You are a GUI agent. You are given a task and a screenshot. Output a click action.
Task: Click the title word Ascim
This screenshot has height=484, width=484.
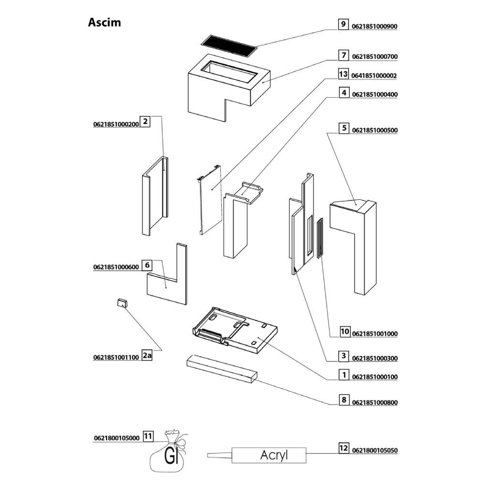point(105,22)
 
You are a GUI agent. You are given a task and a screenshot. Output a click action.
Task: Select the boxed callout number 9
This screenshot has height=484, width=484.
point(343,24)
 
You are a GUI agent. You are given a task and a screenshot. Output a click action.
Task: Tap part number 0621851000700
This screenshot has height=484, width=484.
point(375,57)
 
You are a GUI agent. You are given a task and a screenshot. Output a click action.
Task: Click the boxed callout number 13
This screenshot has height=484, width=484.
point(343,75)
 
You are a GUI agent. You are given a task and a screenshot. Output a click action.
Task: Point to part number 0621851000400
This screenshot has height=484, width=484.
point(375,95)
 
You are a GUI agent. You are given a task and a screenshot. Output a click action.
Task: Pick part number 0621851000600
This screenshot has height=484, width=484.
point(116,267)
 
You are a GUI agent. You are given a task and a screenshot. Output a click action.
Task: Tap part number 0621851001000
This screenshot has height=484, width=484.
point(375,334)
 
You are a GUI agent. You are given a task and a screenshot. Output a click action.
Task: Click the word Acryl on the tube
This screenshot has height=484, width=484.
point(274,455)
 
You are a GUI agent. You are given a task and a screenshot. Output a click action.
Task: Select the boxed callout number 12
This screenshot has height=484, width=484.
point(343,448)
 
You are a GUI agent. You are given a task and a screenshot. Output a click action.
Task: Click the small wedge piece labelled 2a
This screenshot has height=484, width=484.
point(121,303)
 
